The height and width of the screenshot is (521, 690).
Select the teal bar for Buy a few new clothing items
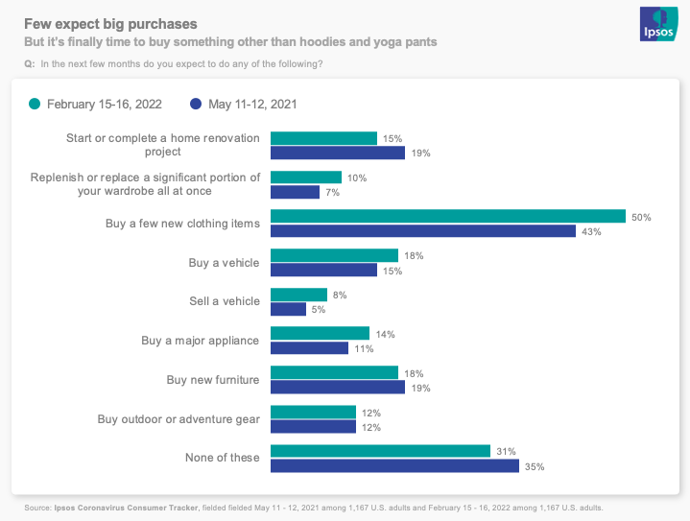448,217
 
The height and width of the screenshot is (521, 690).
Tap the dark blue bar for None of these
394,466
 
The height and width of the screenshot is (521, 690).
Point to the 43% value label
591,231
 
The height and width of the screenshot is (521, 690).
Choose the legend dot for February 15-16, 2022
36,104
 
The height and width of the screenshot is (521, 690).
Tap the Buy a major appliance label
201,341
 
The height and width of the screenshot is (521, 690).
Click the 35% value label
535,466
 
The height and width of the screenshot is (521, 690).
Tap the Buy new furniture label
213,380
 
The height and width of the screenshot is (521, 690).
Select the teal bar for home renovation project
323,138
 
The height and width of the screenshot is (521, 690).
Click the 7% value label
332,192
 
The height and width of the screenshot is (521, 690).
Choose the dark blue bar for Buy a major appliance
309,348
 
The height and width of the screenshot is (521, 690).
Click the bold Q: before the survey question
29,64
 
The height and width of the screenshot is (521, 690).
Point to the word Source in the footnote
38,508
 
